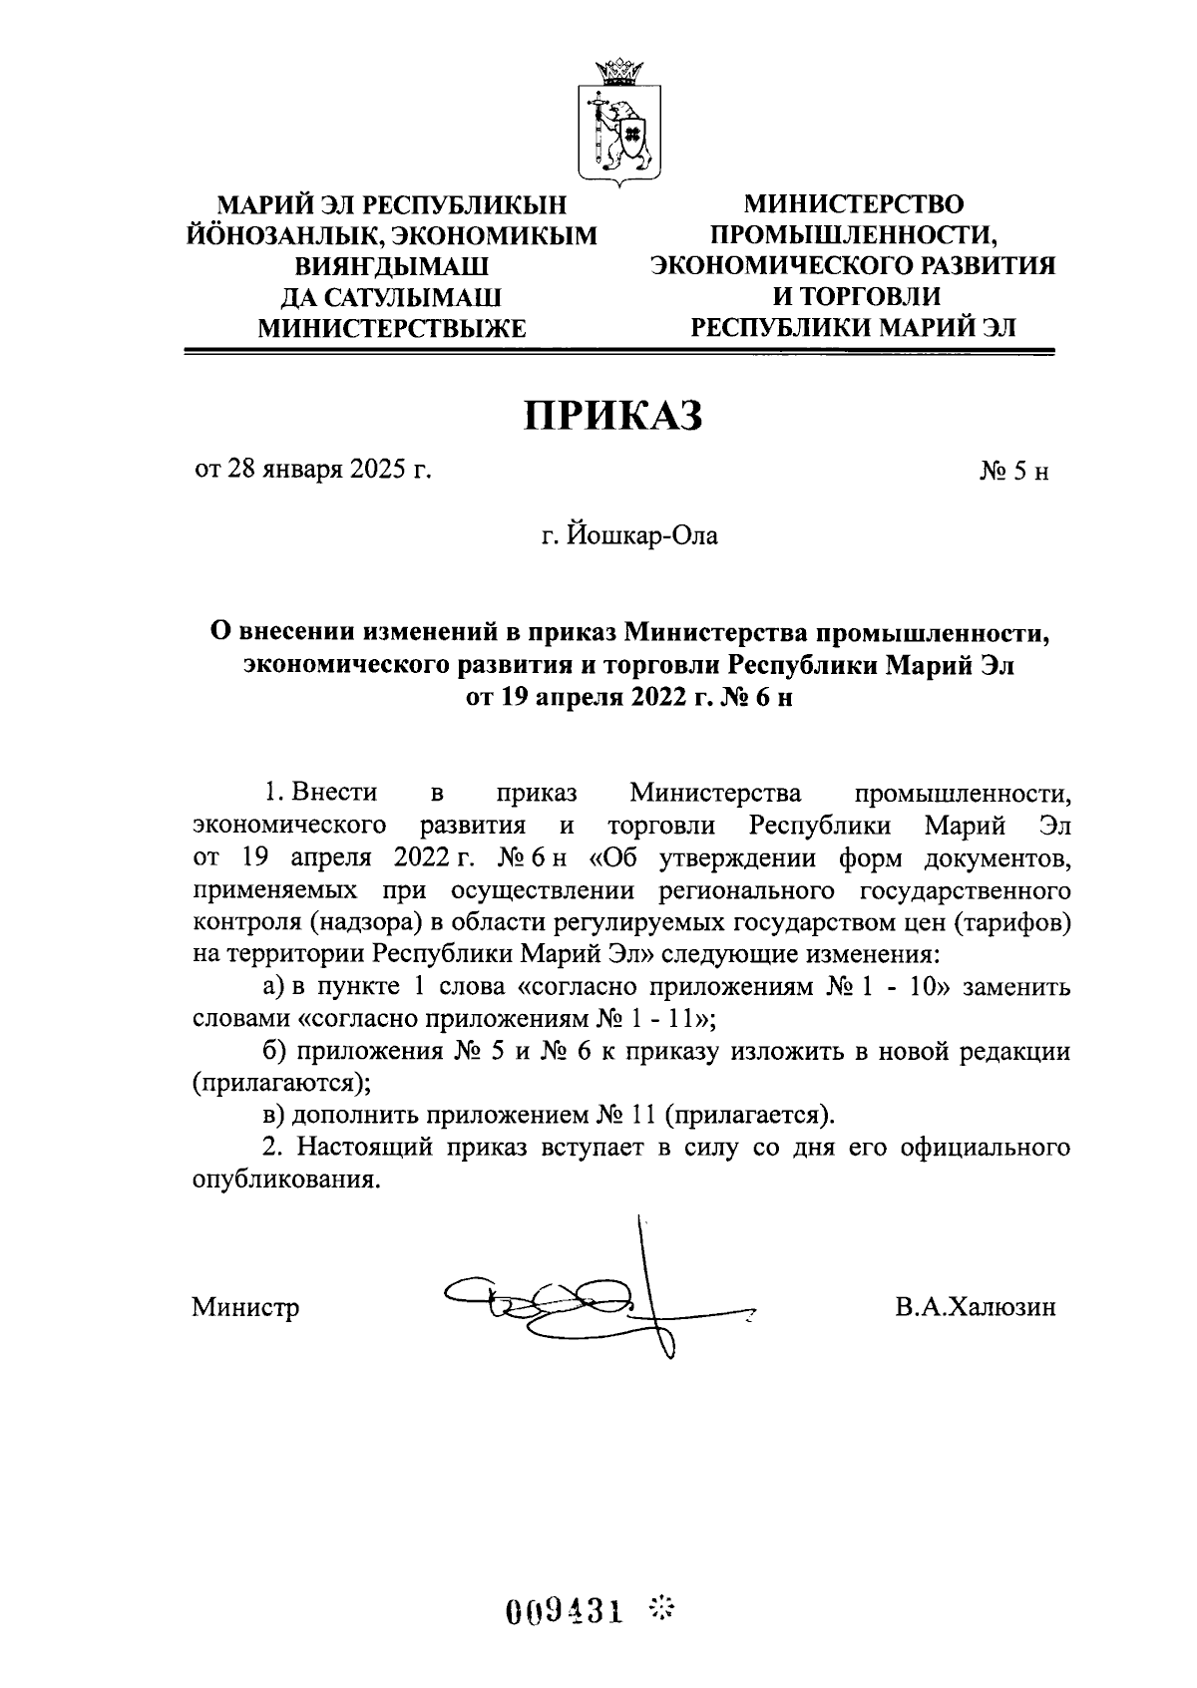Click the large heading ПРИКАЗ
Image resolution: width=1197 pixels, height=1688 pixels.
[x=614, y=416]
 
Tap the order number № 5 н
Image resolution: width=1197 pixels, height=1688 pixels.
[x=1014, y=472]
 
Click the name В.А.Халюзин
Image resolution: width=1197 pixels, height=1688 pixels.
[x=975, y=1306]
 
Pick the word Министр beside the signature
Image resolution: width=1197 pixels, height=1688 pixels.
[x=245, y=1306]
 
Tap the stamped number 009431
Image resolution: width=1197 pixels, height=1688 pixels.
[x=564, y=1610]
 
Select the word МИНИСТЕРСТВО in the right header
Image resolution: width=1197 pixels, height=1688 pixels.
[x=854, y=204]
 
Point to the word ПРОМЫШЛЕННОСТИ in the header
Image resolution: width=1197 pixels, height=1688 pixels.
[x=854, y=235]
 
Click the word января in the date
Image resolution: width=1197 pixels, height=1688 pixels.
[x=302, y=471]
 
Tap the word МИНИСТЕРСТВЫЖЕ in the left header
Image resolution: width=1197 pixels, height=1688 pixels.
[x=391, y=327]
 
